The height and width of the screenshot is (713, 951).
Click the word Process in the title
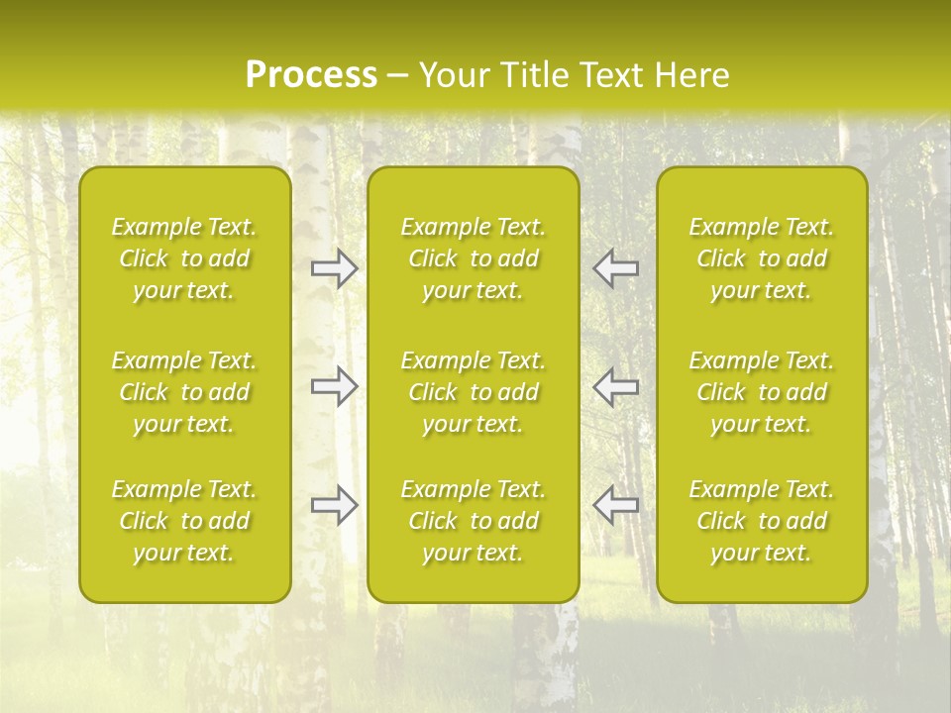coord(311,75)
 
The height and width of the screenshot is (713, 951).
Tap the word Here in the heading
coord(692,75)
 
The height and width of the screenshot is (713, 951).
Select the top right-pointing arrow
coord(334,268)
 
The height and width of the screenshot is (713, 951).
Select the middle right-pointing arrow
coord(334,386)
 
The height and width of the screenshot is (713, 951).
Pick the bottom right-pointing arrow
coord(334,505)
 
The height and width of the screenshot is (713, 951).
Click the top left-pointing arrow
coord(616,268)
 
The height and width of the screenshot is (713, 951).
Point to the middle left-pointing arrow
coord(616,386)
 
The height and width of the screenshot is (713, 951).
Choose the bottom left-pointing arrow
coord(616,505)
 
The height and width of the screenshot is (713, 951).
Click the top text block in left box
coord(184,258)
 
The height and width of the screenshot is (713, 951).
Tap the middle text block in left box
coord(184,392)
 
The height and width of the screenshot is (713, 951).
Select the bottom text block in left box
coord(184,521)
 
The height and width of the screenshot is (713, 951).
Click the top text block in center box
coord(474,258)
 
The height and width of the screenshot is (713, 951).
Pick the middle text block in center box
coord(474,392)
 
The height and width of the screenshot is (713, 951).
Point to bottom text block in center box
coord(474,521)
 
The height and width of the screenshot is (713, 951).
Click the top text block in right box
coord(762,258)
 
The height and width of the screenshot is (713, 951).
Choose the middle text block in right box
coord(762,392)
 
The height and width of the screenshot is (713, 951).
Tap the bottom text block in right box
coord(762,521)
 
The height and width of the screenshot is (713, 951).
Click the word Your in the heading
coord(451,75)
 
